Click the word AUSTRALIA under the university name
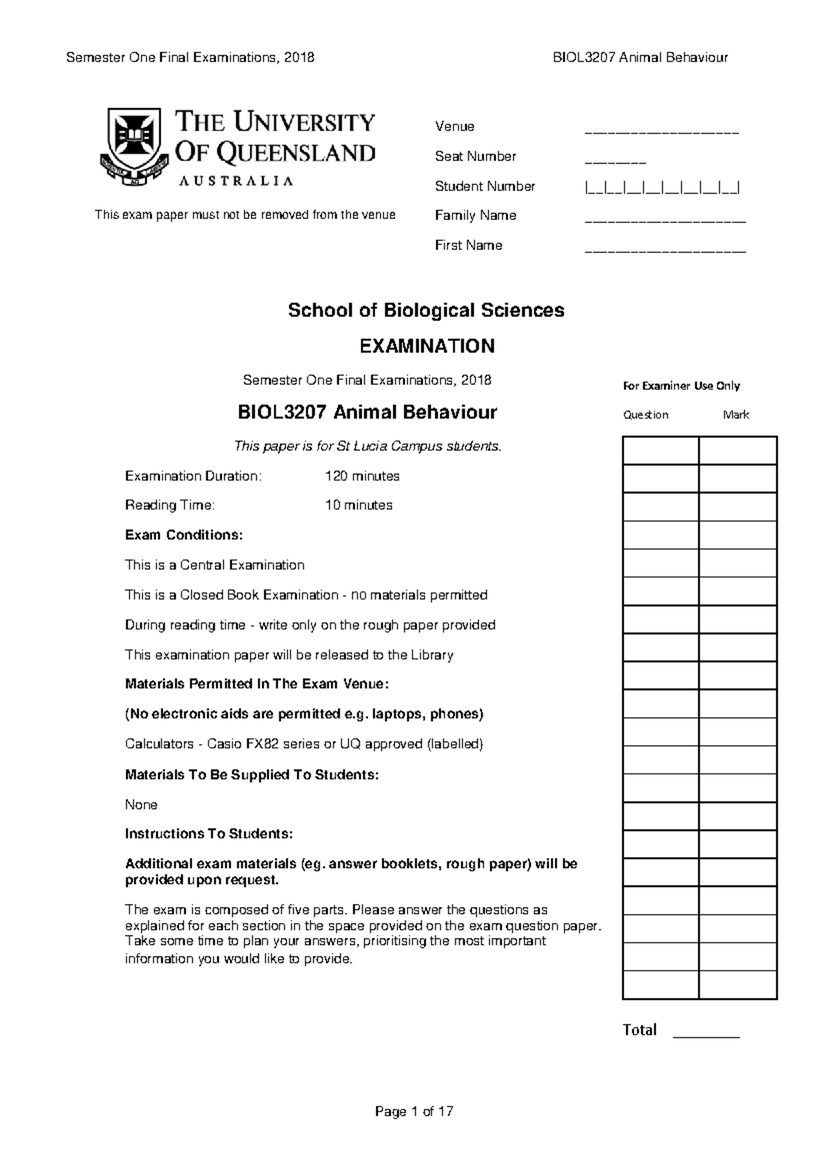click(x=236, y=181)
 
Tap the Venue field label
click(x=454, y=127)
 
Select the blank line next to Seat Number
click(x=615, y=162)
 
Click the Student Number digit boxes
click(x=662, y=186)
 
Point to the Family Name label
click(x=475, y=215)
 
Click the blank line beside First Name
click(x=665, y=251)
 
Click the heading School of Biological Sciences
click(x=426, y=310)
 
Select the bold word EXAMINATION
click(x=427, y=345)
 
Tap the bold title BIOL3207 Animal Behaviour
click(x=367, y=412)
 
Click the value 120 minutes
click(x=362, y=476)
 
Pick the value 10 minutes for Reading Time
click(x=359, y=505)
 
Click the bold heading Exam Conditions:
click(x=184, y=534)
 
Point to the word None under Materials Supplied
click(x=141, y=804)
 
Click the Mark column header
click(x=736, y=415)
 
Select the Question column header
click(x=646, y=415)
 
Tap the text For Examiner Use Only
click(x=681, y=386)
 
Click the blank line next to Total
click(x=706, y=1035)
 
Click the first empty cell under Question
click(x=661, y=451)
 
